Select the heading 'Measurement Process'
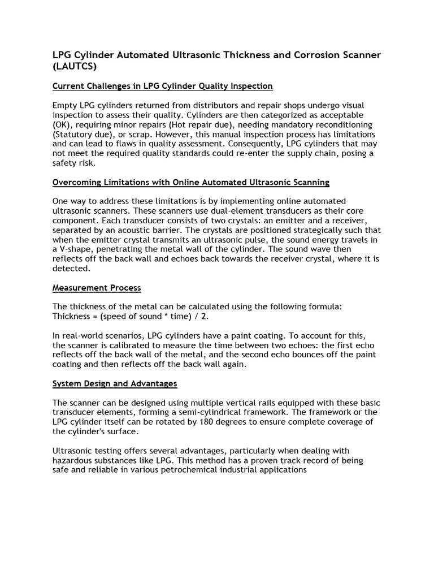(97, 288)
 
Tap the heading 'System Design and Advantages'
(115, 383)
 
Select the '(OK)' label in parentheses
(62, 124)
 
